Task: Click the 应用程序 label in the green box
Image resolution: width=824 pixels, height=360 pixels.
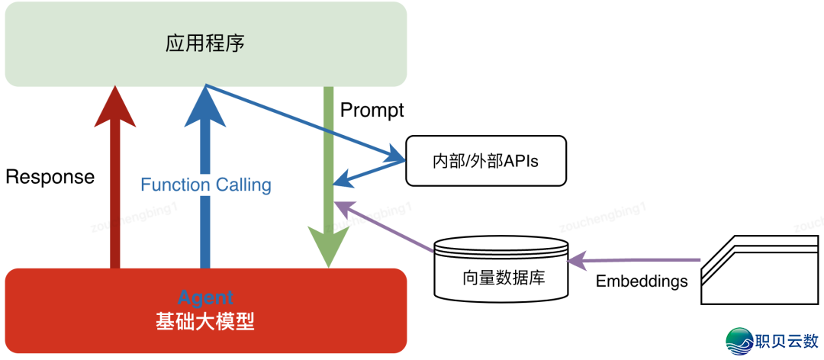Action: (205, 43)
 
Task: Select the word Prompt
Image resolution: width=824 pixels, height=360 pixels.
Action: (372, 110)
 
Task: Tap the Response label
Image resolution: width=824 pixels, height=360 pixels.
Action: (50, 177)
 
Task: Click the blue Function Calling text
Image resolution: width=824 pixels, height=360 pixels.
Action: (206, 185)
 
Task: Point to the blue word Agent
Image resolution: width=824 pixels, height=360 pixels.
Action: (205, 298)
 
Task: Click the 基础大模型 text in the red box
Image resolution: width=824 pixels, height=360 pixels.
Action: (205, 322)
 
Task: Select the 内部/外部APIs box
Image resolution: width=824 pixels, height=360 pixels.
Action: (486, 161)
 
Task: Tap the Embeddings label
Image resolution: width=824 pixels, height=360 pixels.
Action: (642, 281)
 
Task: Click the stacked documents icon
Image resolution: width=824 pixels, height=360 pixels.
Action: (760, 269)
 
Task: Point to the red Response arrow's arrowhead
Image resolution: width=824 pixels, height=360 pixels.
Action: (115, 105)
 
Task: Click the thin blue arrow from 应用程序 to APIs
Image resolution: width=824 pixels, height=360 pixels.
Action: (305, 123)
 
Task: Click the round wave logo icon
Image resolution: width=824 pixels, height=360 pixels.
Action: (738, 341)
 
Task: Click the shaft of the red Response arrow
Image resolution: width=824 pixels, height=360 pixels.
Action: (115, 198)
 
